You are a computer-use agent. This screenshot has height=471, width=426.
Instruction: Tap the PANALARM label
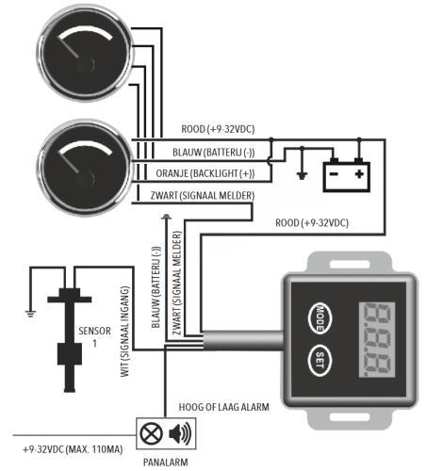coord(163,463)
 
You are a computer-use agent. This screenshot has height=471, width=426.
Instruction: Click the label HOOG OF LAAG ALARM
coord(224,406)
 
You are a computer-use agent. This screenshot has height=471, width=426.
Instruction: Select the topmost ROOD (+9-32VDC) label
coord(218,129)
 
